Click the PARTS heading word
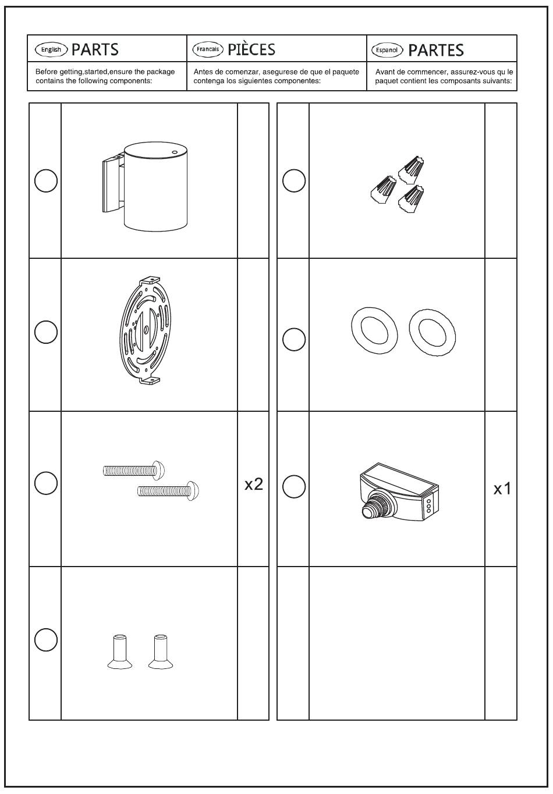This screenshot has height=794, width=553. (x=95, y=50)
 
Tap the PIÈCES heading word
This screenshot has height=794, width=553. (x=251, y=49)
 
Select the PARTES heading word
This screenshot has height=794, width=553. (x=436, y=51)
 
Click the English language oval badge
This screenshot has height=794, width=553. (x=51, y=49)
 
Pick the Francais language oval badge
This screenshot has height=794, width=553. (x=208, y=49)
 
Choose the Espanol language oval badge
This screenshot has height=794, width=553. (x=387, y=50)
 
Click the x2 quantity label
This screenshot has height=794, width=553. (x=254, y=484)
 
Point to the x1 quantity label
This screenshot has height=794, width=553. (x=502, y=489)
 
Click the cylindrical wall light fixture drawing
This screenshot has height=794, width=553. (x=145, y=187)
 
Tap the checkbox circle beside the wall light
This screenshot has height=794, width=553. (x=46, y=181)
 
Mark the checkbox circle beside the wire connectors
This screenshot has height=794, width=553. (x=294, y=181)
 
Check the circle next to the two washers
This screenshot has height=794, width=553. (x=294, y=339)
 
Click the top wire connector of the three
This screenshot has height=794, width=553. (x=411, y=169)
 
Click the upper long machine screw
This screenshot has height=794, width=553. (x=134, y=471)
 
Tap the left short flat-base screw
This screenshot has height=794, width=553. (x=120, y=651)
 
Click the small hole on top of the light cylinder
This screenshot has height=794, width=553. (x=175, y=152)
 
